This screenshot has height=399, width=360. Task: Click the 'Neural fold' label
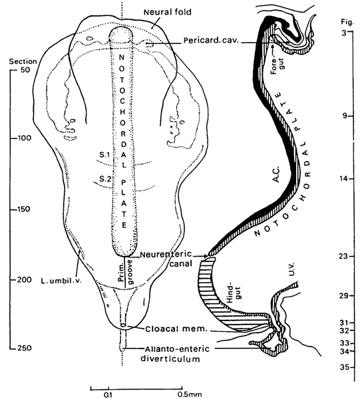click(168, 12)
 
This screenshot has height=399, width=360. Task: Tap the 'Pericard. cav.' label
click(212, 41)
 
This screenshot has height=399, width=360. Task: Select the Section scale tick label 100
click(24, 138)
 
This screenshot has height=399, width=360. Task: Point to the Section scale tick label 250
click(25, 348)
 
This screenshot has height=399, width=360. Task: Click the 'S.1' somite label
click(104, 154)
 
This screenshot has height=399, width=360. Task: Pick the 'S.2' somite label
click(105, 179)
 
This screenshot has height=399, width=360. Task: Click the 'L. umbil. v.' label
click(61, 281)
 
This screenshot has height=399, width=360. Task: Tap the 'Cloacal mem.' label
click(176, 329)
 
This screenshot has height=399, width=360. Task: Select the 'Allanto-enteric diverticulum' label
click(175, 354)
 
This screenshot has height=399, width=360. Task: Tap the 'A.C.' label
click(276, 174)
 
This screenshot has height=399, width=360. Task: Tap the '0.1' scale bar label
click(108, 395)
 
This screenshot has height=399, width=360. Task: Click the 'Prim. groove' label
click(125, 272)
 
